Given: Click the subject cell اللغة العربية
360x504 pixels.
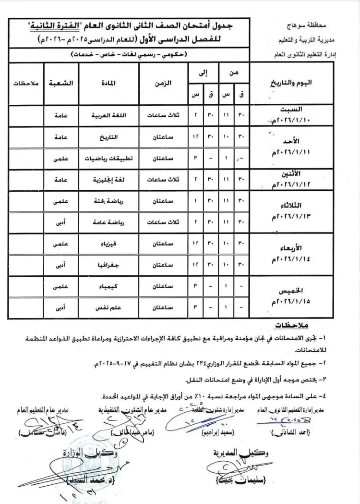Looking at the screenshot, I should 108,116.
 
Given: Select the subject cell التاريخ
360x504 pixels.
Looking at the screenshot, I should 108,137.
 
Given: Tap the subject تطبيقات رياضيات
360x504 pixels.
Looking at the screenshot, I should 108,158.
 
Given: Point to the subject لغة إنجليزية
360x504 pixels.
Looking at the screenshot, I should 108,180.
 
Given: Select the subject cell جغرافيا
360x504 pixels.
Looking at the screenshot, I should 108,265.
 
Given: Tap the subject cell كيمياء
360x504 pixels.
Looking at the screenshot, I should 108,286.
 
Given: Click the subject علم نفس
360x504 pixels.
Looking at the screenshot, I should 108,307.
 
